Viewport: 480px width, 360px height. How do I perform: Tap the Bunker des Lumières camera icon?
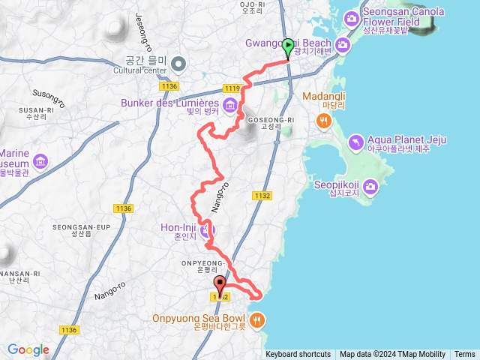pos(230,103)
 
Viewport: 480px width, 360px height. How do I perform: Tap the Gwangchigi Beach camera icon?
pos(343,46)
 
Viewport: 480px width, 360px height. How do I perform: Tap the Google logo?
pos(28,349)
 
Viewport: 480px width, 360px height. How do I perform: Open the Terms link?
pos(464,355)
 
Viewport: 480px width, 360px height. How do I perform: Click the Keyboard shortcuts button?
pos(298,355)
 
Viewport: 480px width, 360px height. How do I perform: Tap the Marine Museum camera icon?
pos(40,160)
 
